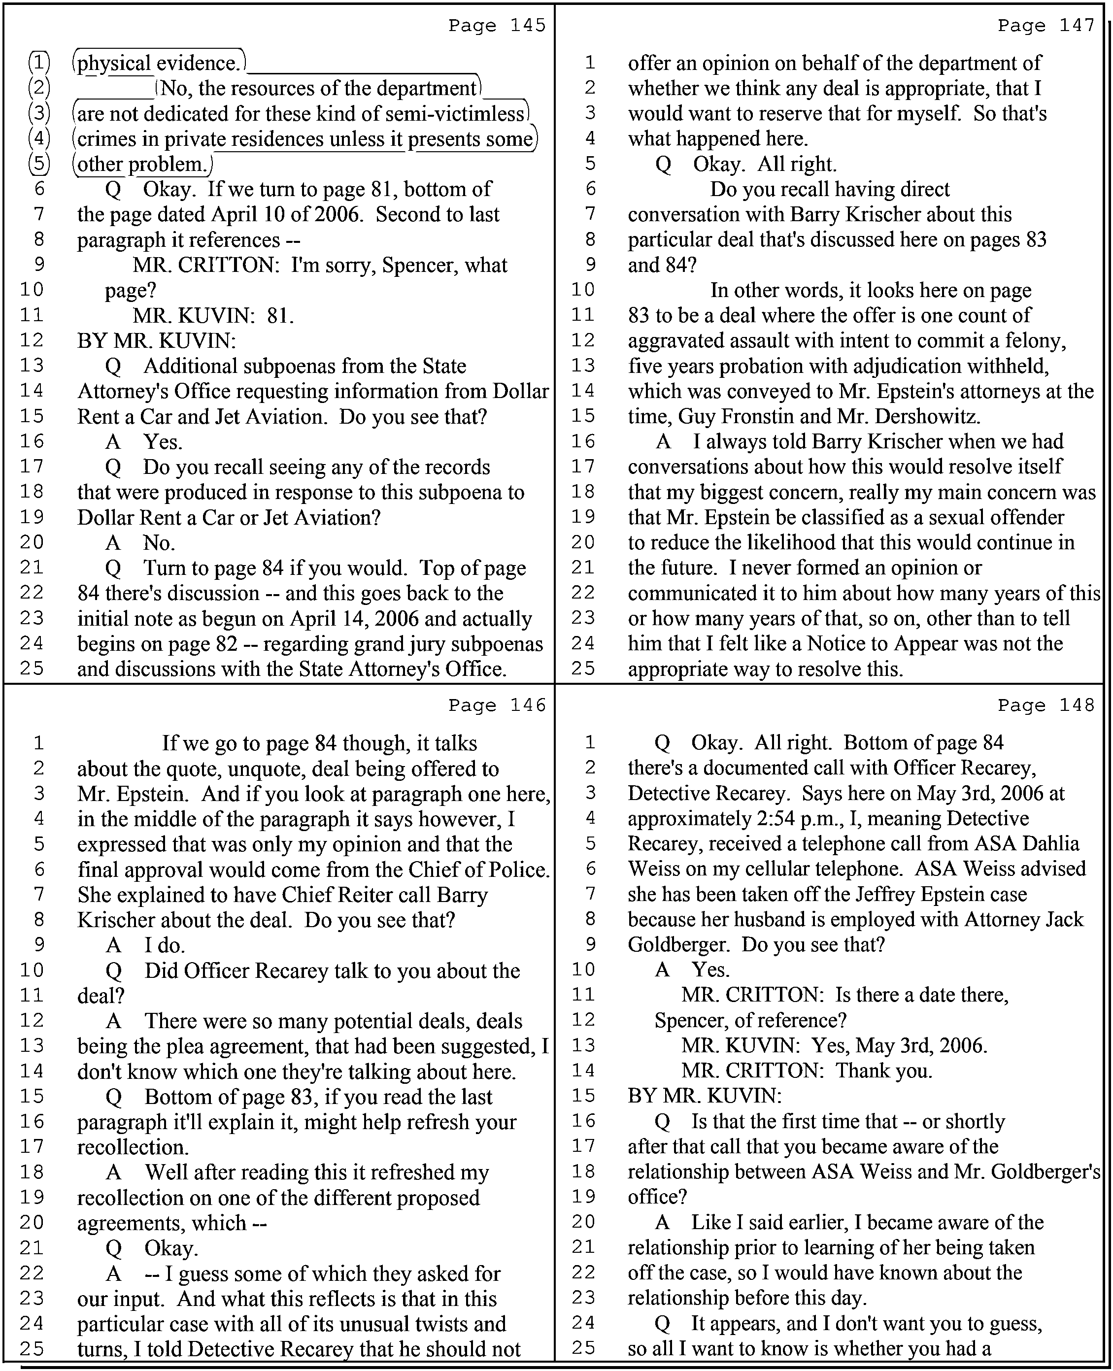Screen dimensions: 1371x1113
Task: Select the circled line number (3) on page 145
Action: coord(39,113)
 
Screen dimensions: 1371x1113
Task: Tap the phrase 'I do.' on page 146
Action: coord(164,945)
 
